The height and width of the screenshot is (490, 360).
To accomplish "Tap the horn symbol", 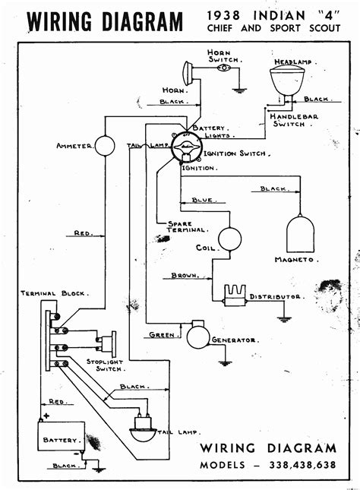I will click(184, 75).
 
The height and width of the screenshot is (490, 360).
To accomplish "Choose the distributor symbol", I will click(232, 292).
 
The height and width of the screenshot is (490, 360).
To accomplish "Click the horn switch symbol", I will click(223, 68).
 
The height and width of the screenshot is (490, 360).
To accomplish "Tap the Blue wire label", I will click(203, 201).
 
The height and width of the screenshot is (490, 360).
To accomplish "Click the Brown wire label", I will click(185, 275).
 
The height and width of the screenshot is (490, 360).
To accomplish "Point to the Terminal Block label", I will click(54, 292).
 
